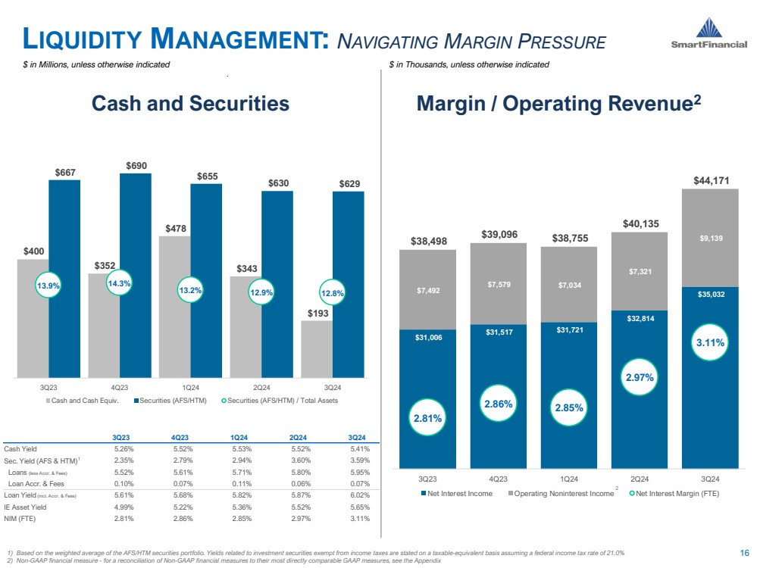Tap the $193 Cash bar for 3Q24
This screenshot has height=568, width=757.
point(316,348)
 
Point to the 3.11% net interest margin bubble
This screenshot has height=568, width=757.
point(709,342)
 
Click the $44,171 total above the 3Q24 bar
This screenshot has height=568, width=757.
point(710,180)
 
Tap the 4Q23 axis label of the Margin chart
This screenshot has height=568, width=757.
point(498,479)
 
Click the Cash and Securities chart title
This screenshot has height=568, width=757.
point(190,104)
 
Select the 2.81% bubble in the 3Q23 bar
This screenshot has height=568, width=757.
point(427,417)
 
